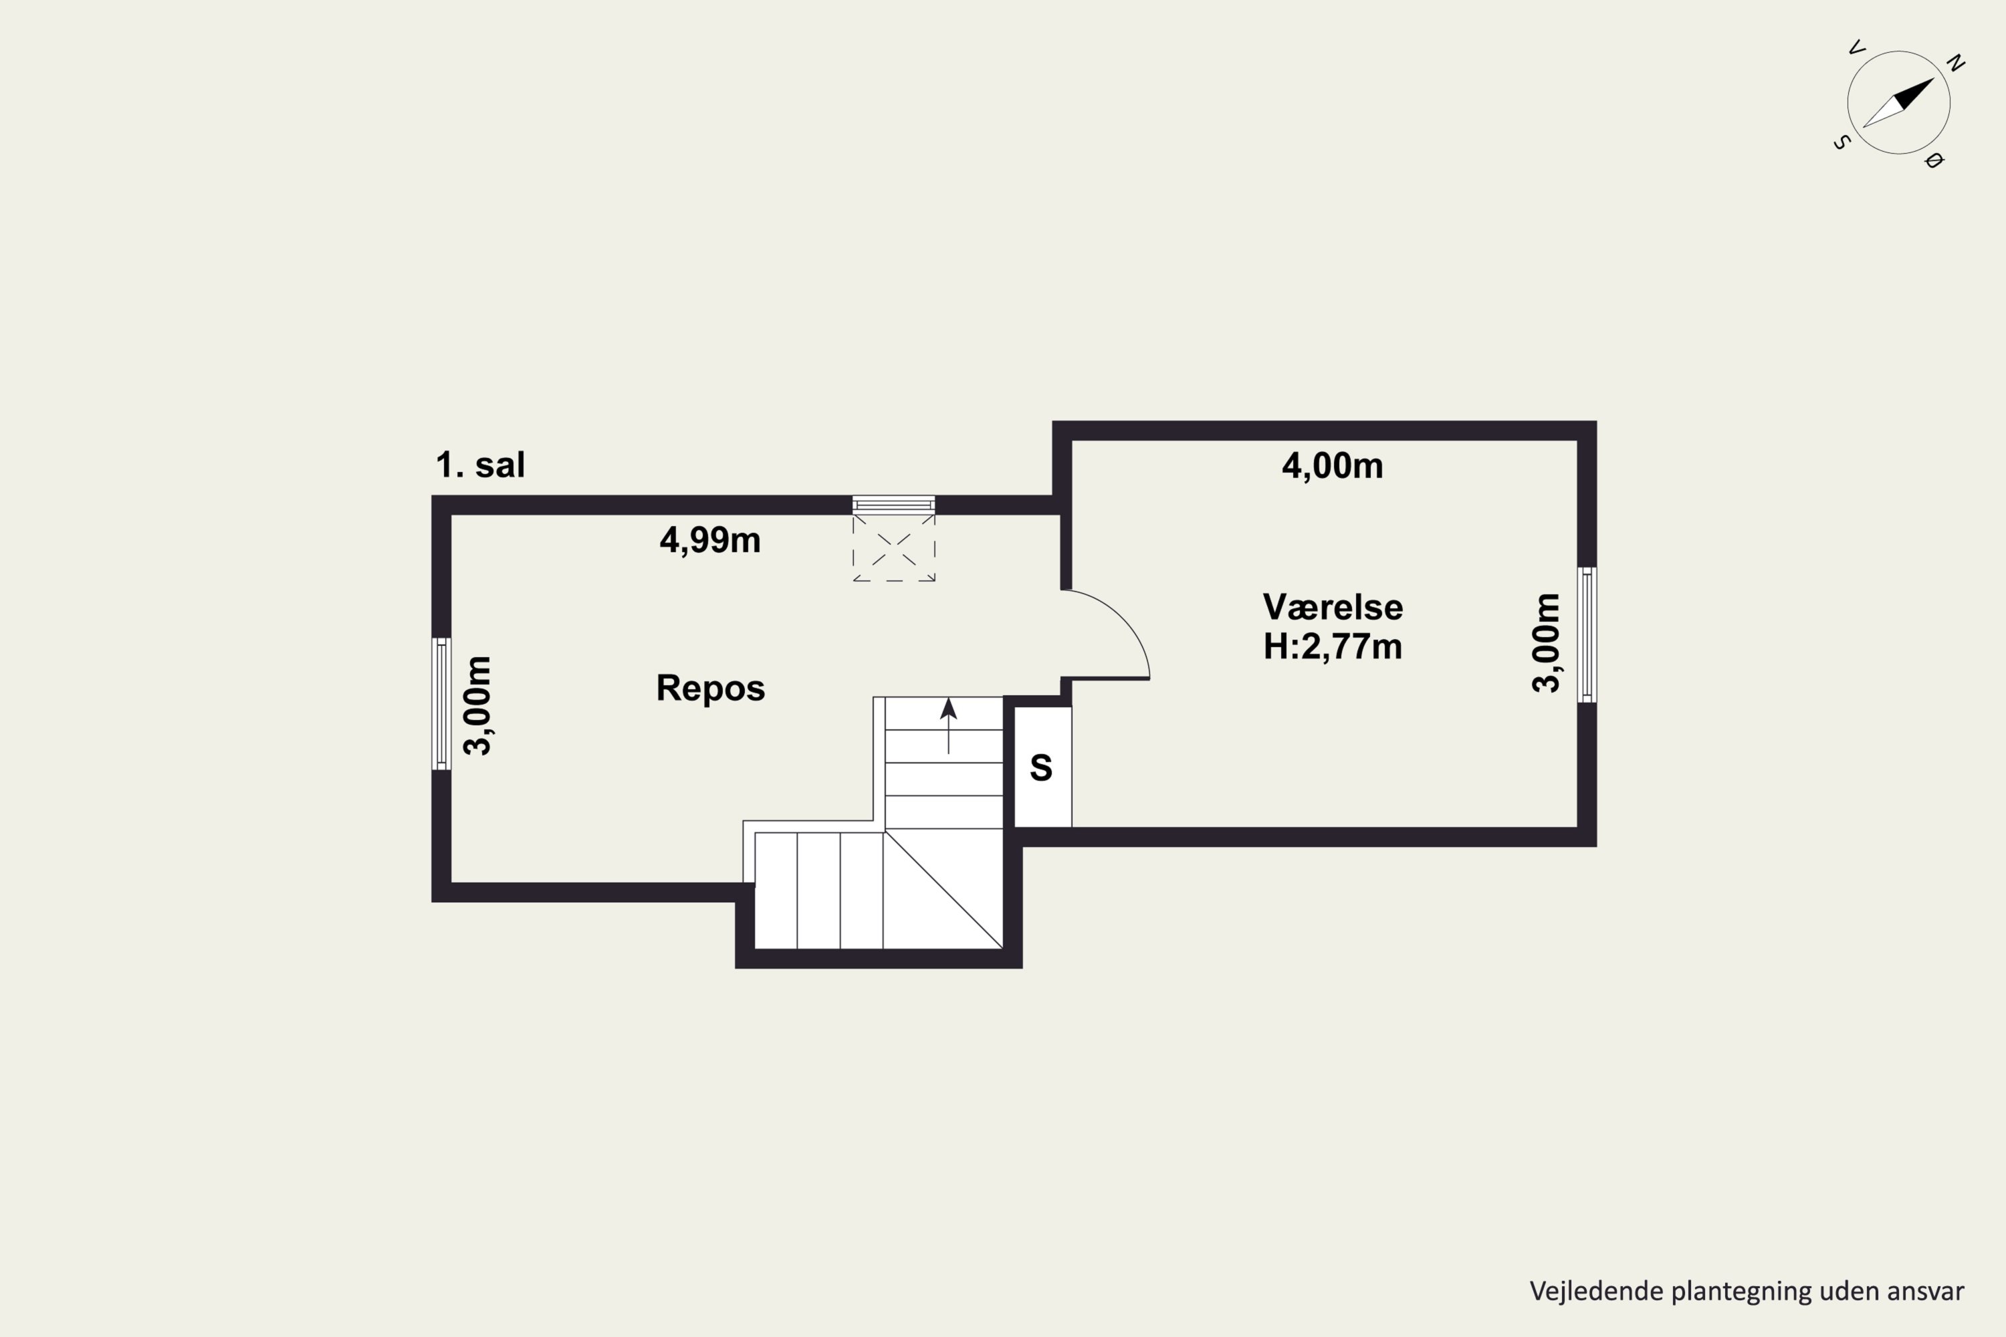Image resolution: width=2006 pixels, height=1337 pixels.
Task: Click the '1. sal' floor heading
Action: [x=480, y=465]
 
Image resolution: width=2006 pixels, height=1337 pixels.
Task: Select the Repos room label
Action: [x=710, y=688]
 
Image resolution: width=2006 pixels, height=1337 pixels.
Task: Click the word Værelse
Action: [x=1332, y=607]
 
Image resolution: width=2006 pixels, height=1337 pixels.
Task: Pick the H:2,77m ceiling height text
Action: [x=1332, y=647]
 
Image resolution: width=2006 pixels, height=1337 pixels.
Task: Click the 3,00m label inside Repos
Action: [x=477, y=706]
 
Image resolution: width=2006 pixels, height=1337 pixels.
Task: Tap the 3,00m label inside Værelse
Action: [x=1545, y=643]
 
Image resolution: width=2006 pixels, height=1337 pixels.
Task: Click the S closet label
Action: [x=1041, y=768]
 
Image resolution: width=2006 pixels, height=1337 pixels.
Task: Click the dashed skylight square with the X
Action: [x=894, y=548]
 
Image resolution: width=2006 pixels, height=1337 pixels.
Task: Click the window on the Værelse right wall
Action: [x=1586, y=635]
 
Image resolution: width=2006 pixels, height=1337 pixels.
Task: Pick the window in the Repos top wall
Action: [x=894, y=505]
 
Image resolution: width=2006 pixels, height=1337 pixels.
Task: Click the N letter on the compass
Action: [x=1956, y=63]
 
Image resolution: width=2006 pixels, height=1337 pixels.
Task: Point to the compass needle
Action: [x=1898, y=103]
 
